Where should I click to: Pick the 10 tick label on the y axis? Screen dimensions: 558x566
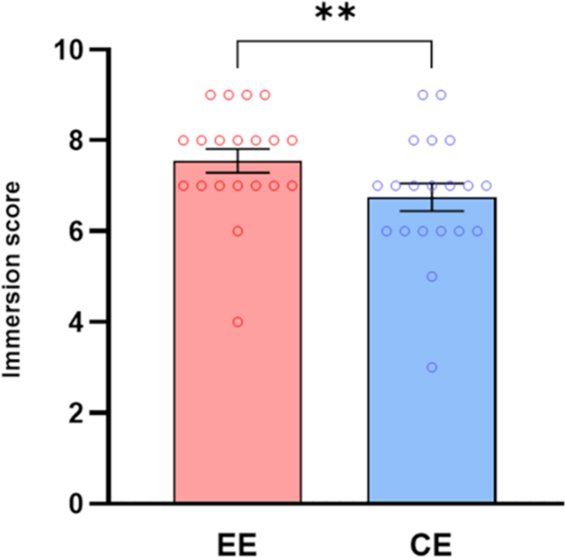[70, 50]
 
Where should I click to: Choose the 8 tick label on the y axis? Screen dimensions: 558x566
[79, 141]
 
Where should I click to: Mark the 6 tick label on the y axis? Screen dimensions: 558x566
[79, 231]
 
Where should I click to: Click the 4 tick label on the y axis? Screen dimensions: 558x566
[79, 322]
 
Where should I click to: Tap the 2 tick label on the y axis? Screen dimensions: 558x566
[79, 413]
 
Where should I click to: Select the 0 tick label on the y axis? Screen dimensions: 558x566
[79, 503]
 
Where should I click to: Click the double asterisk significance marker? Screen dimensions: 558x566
[335, 17]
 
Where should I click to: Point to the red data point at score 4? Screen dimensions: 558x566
[238, 322]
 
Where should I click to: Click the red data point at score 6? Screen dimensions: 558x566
[238, 231]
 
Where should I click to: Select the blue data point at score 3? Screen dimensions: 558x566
[431, 367]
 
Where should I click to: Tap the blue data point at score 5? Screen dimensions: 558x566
[431, 276]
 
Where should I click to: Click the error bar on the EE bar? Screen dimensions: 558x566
[238, 160]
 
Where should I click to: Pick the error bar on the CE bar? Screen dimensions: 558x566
[431, 197]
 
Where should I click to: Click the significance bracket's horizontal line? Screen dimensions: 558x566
[335, 39]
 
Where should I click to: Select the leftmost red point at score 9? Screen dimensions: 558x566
[210, 95]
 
